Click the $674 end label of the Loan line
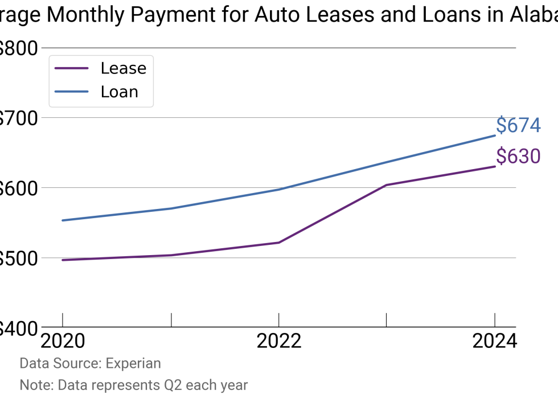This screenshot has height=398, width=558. click(x=518, y=125)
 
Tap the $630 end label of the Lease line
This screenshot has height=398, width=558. click(x=518, y=155)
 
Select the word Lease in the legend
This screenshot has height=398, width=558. click(x=124, y=68)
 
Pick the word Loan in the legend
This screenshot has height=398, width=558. click(x=120, y=92)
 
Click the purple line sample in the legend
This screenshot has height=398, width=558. click(x=72, y=68)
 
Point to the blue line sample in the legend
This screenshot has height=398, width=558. click(x=72, y=92)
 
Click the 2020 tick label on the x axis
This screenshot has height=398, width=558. click(x=63, y=341)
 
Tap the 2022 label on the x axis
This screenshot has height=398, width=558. click(x=278, y=341)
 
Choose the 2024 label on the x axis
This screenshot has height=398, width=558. click(x=494, y=341)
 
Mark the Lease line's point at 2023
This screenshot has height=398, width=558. click(x=387, y=185)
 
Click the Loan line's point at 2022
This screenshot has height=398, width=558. click(x=278, y=190)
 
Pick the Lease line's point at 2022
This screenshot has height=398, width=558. click(x=278, y=243)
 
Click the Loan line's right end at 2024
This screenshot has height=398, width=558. click(x=494, y=136)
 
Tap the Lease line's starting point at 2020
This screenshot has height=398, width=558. click(x=63, y=260)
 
